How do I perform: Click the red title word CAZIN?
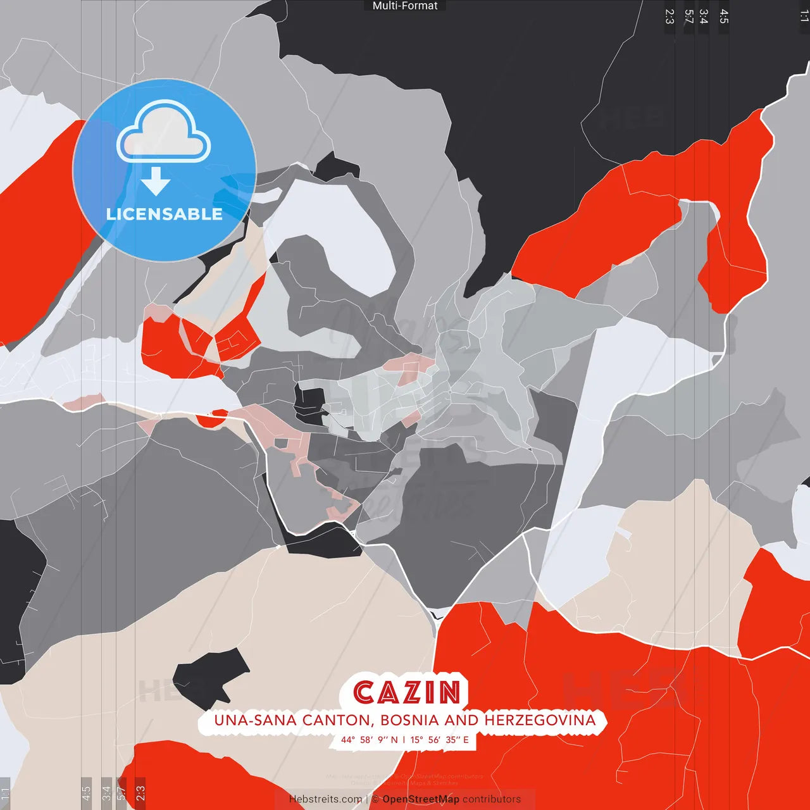point(407,692)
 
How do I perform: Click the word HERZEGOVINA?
point(540,720)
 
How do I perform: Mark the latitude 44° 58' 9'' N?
point(370,740)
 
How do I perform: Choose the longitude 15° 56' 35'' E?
point(440,740)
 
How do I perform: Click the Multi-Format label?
point(405,6)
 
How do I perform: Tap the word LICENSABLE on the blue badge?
point(165,214)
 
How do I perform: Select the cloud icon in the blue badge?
point(164,133)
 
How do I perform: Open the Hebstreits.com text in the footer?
point(325,799)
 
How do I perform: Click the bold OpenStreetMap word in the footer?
point(421,799)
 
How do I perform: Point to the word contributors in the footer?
point(492,799)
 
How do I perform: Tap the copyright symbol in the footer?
point(375,799)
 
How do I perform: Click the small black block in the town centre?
point(309,406)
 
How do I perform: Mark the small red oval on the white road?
point(212,418)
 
